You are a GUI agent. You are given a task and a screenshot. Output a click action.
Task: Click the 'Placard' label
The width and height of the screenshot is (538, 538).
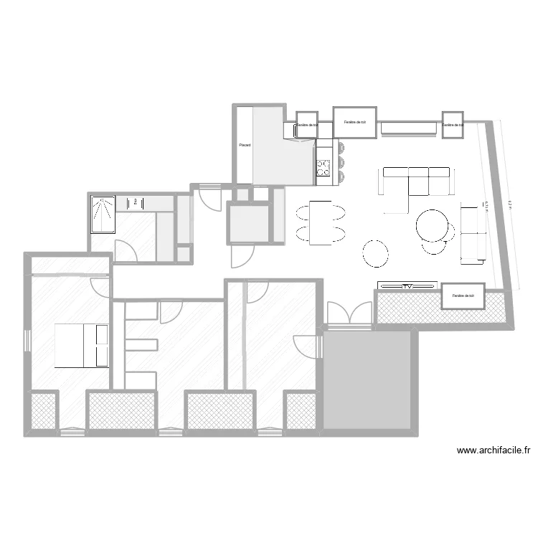point(245,146)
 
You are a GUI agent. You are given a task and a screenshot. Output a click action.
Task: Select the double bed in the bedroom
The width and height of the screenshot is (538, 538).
point(81,346)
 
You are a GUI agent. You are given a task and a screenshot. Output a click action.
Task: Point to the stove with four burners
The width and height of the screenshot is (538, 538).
point(324,167)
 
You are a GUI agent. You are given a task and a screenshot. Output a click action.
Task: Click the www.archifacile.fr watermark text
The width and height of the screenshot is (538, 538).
point(494,450)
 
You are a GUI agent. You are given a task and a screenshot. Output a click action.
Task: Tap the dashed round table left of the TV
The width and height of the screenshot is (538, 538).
point(376,252)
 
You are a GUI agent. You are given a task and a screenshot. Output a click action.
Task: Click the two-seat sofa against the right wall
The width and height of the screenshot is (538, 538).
point(471,233)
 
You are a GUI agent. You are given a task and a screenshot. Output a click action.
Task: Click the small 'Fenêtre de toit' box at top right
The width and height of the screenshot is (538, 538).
point(453,124)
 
